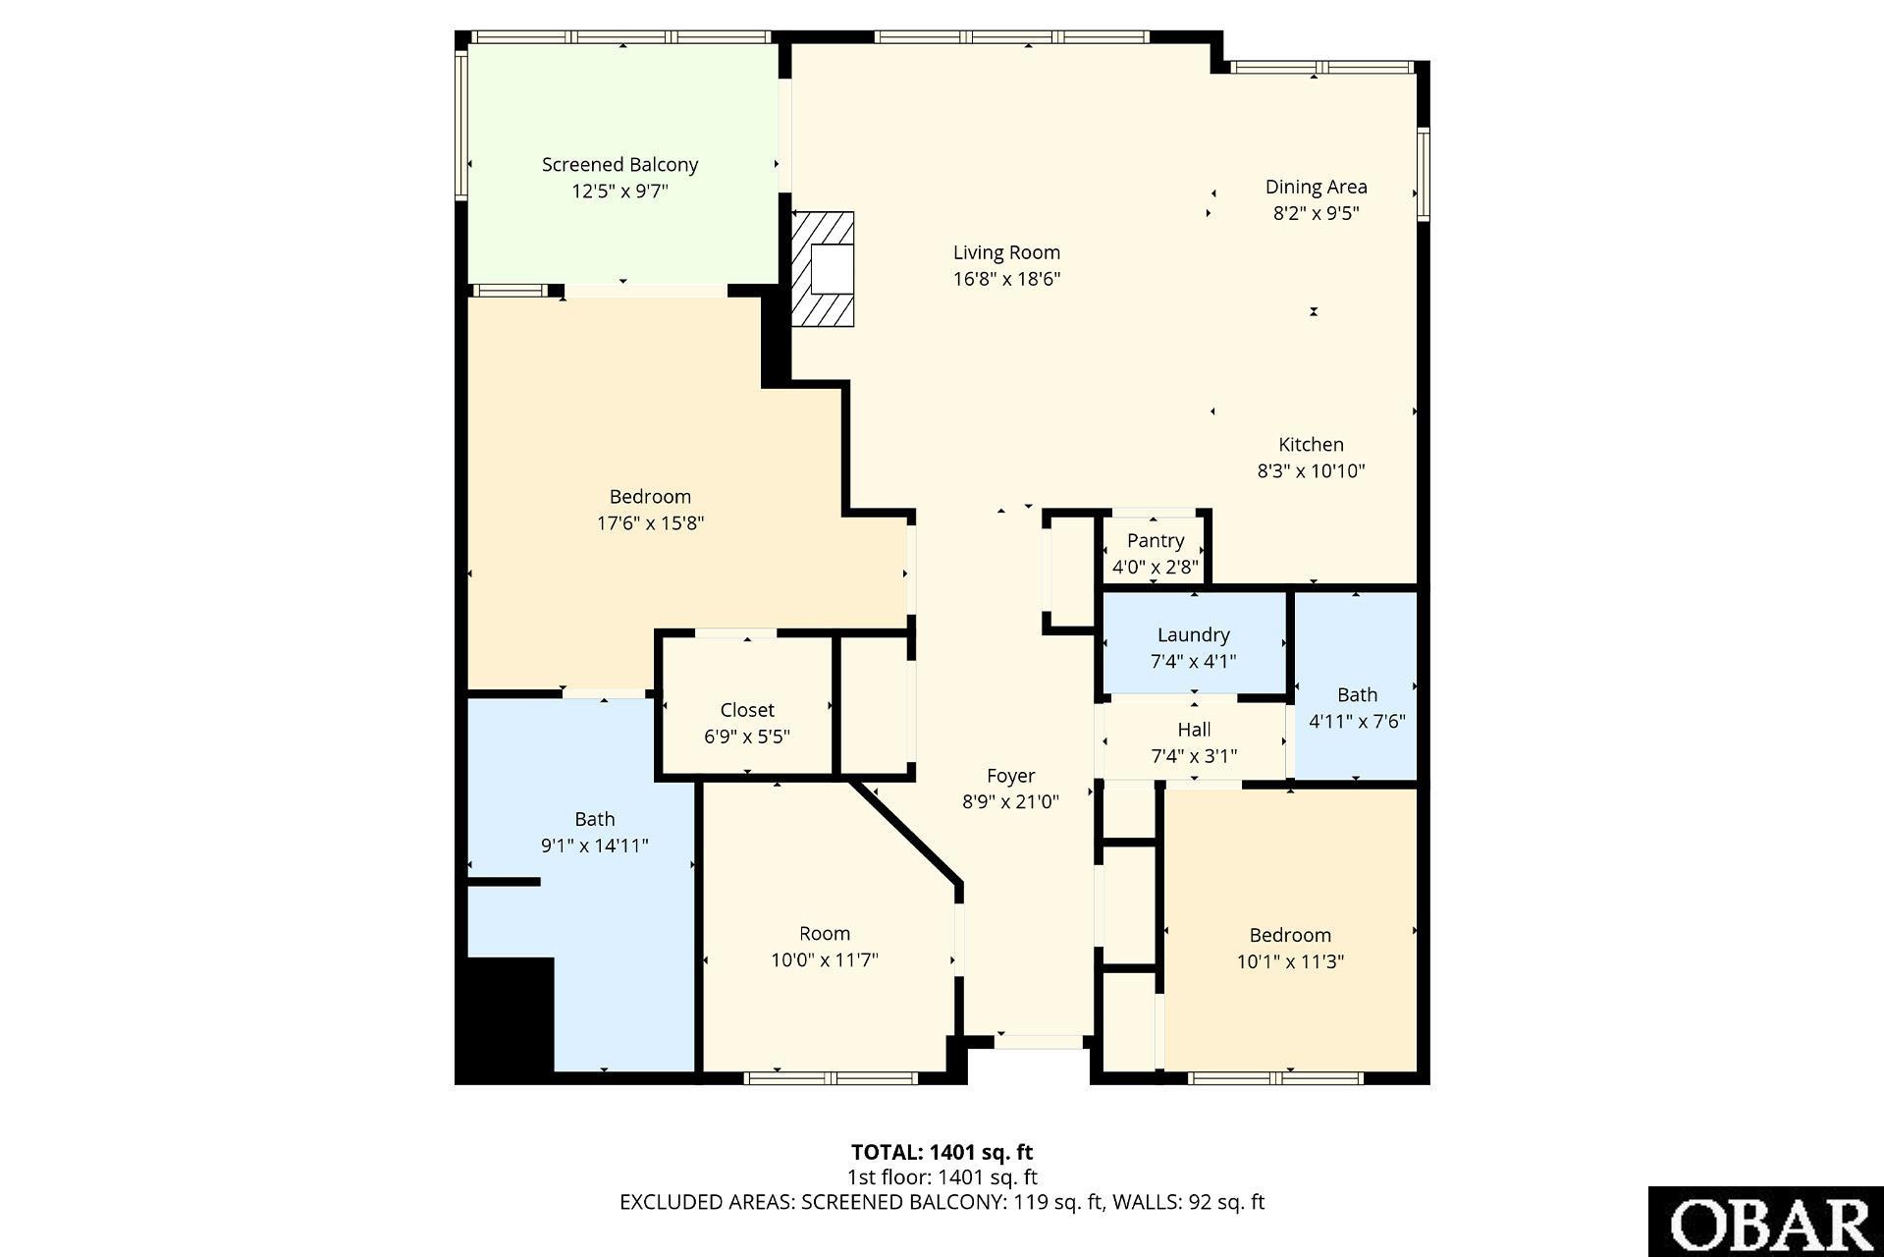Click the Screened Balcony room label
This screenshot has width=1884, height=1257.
pos(619,165)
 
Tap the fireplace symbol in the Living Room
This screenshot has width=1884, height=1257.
pos(823,269)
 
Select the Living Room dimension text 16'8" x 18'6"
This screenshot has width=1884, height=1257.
pos(1006,279)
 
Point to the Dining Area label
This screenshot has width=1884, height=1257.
pos(1316,187)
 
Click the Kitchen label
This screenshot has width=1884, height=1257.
pos(1311,445)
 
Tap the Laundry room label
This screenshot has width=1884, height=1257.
pos(1193,635)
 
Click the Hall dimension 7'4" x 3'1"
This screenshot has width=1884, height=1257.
pos(1194,756)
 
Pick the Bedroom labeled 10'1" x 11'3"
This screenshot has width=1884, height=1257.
pos(1290,930)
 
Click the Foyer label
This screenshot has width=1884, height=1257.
pos(1010,776)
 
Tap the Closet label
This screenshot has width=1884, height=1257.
pos(747,710)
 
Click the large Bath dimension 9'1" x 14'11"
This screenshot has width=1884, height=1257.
pos(595,846)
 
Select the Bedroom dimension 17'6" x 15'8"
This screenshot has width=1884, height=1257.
pos(650,523)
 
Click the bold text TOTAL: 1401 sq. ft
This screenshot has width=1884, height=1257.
pos(942,1152)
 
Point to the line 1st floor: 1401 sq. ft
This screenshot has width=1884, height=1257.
pos(942,1177)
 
